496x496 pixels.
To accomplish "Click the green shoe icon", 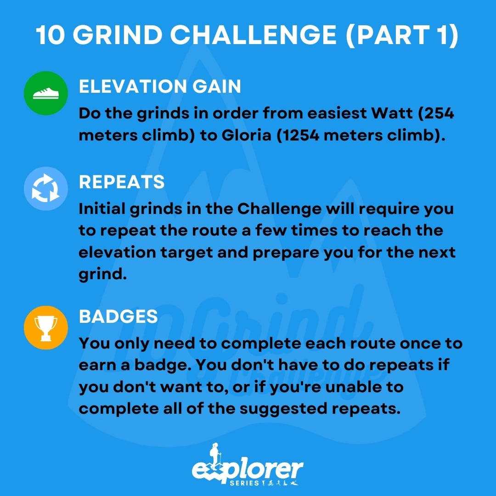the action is (x=46, y=93).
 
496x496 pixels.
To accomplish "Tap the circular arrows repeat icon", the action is (x=46, y=189).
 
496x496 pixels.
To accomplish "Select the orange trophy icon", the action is (x=46, y=328).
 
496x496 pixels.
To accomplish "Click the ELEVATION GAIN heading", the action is (x=160, y=86).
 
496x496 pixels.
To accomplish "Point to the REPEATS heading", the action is (x=122, y=182).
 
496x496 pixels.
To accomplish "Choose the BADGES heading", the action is (x=118, y=316).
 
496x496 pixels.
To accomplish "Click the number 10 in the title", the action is (x=51, y=35).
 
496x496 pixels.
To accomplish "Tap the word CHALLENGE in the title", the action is (x=254, y=35).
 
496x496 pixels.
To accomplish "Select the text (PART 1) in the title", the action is (x=402, y=35).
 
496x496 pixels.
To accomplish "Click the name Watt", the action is (x=392, y=113).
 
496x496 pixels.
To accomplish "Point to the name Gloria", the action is (x=247, y=135).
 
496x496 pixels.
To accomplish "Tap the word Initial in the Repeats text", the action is (x=102, y=209).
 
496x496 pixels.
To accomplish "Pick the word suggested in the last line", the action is (x=283, y=409).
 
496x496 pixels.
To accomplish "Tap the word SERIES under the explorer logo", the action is (x=244, y=483).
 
